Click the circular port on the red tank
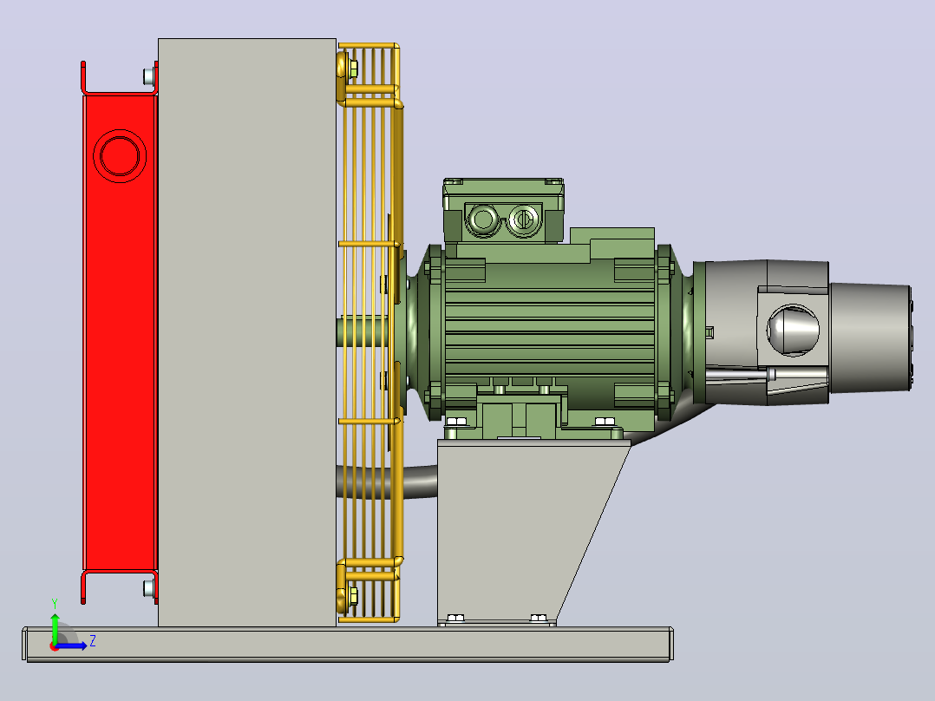120,155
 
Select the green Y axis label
55,603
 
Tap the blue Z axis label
93,641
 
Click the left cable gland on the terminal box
482,219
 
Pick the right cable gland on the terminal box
523,219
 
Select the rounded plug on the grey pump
793,330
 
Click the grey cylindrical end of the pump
870,337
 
